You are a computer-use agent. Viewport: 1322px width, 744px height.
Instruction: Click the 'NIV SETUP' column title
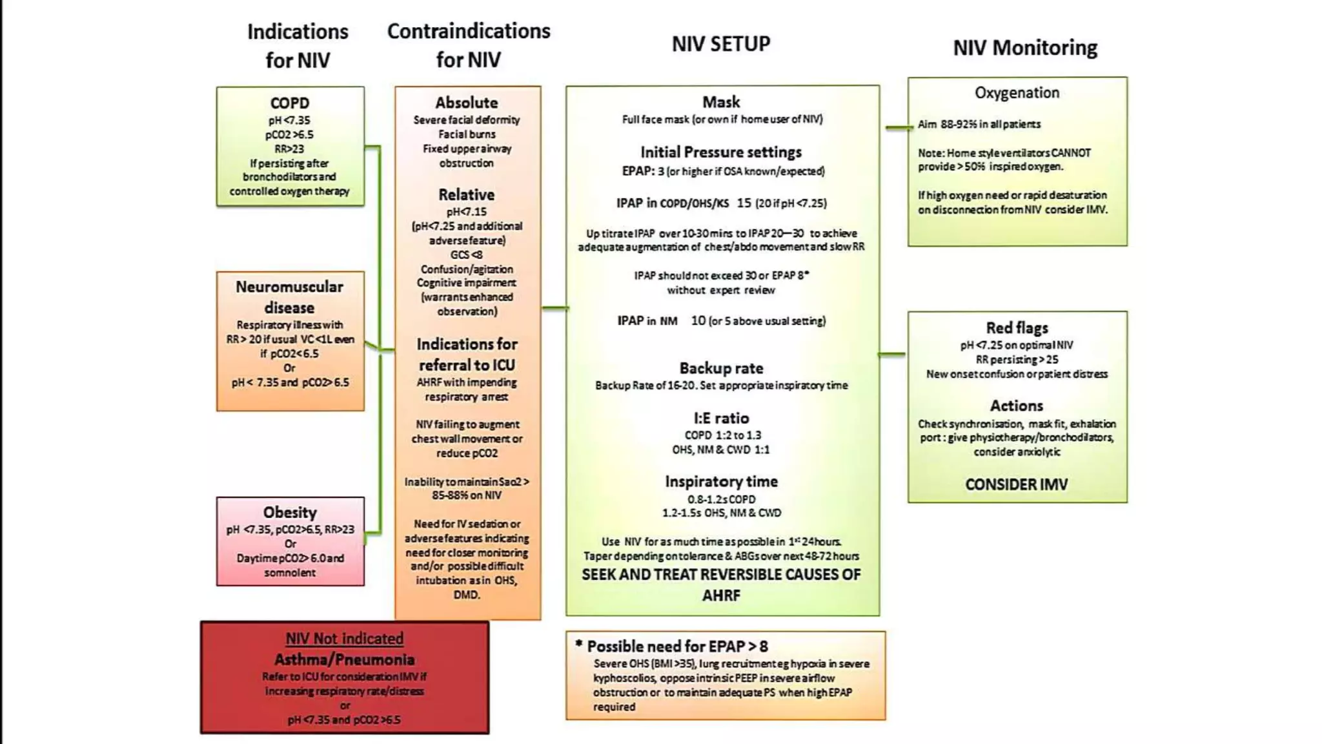pos(721,44)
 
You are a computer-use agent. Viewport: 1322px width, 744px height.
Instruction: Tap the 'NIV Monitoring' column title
pos(1025,48)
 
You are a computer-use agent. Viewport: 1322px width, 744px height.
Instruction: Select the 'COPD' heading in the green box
pos(290,103)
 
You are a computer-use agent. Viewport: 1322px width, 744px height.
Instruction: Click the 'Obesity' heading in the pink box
pos(290,512)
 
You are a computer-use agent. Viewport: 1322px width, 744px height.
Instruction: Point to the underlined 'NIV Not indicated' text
pos(345,639)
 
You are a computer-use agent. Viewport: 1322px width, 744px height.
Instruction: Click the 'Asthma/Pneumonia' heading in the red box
pos(345,659)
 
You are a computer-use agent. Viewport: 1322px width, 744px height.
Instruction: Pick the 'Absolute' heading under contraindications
pos(467,103)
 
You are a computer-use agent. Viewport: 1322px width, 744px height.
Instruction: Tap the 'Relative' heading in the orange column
pos(467,194)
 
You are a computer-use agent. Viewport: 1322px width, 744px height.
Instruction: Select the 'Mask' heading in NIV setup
pos(722,102)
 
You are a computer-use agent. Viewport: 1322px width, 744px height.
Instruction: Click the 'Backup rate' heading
pos(722,368)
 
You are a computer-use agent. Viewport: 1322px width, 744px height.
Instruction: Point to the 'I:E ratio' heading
pos(722,418)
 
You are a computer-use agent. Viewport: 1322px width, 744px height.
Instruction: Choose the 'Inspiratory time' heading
pos(722,481)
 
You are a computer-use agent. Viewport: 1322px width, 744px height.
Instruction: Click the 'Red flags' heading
pos(1017,328)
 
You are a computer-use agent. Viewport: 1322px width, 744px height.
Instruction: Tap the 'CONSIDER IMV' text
pos(1017,484)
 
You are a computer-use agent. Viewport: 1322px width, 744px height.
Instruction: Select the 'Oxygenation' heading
pos(1017,93)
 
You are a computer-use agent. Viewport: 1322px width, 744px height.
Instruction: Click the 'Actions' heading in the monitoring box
pos(1017,406)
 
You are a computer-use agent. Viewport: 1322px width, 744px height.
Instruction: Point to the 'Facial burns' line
pos(467,134)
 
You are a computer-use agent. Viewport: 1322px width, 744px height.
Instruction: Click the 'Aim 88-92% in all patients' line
pos(979,124)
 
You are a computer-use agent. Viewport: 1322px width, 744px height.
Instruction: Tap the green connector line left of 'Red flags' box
pos(892,355)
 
